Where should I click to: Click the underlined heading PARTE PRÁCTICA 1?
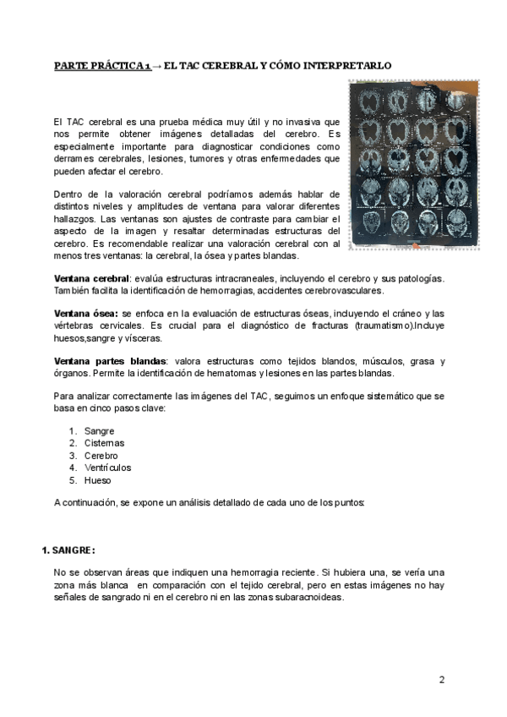(102, 66)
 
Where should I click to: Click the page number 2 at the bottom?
(442, 679)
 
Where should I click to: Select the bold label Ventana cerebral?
(90, 279)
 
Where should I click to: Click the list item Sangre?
(99, 431)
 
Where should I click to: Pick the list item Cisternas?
(104, 443)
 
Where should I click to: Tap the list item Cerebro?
(101, 456)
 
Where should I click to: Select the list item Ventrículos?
(107, 468)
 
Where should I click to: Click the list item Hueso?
(97, 480)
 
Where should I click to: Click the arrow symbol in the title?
(157, 66)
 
